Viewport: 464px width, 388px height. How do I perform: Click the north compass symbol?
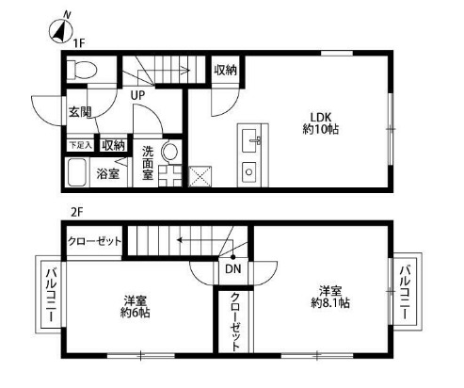coord(60,31)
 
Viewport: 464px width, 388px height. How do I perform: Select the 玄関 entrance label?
coord(80,112)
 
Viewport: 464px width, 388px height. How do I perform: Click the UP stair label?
coord(138,95)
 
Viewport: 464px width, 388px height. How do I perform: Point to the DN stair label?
coord(233,269)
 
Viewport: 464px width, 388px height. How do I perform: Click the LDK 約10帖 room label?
coord(321,123)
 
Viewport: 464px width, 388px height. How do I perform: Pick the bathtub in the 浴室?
coord(77,172)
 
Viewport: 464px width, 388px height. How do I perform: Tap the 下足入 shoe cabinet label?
coord(81,145)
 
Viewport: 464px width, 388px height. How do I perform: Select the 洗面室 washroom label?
coord(148,163)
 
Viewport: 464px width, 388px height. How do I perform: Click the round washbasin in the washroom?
coord(170,152)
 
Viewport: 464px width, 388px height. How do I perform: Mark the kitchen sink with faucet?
coord(251,141)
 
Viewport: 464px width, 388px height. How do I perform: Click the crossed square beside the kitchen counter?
coord(200,176)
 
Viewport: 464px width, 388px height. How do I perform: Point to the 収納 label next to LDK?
coord(225,71)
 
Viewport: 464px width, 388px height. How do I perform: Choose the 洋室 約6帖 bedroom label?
coord(136,307)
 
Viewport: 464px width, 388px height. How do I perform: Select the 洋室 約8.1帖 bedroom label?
coord(330,297)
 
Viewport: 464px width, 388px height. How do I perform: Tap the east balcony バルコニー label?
coord(407,293)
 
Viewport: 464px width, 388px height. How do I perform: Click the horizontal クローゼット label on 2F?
coord(94,241)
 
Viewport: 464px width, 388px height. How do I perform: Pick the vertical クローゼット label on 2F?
coord(235,322)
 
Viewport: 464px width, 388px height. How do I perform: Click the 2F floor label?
coord(76,213)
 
